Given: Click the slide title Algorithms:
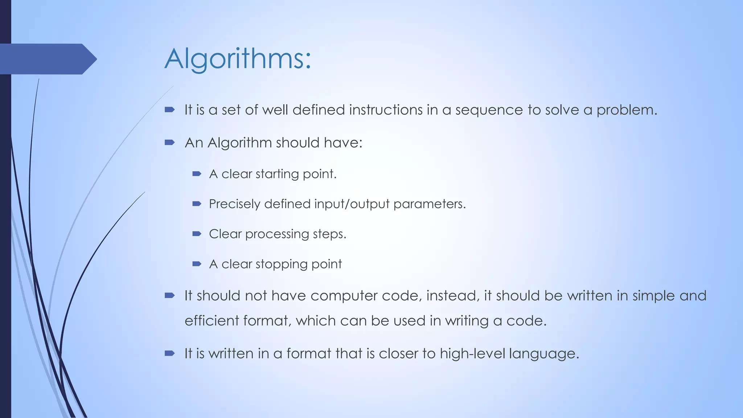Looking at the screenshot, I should (238, 59).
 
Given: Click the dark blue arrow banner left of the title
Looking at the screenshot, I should (47, 59).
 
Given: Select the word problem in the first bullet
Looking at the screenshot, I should (627, 110).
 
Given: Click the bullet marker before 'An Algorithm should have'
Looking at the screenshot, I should (169, 143).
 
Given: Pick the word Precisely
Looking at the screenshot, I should (234, 204).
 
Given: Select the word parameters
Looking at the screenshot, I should (429, 204).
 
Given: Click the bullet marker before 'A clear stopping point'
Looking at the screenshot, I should (197, 264).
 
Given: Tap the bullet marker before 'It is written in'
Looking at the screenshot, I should (169, 353).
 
